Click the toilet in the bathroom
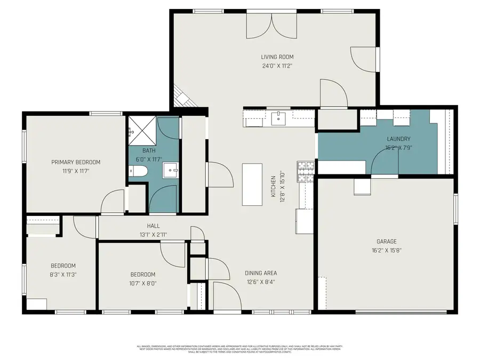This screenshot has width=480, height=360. point(138,171)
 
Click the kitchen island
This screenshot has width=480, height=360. point(252,185)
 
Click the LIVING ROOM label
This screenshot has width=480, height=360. point(277,57)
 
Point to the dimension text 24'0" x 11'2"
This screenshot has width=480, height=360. point(277,66)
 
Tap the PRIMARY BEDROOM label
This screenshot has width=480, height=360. point(76,162)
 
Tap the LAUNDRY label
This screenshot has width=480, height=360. point(398,139)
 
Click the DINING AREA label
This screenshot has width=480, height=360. point(261,273)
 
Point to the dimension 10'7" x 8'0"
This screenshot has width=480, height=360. point(143,283)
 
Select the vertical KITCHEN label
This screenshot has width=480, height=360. point(273,187)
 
